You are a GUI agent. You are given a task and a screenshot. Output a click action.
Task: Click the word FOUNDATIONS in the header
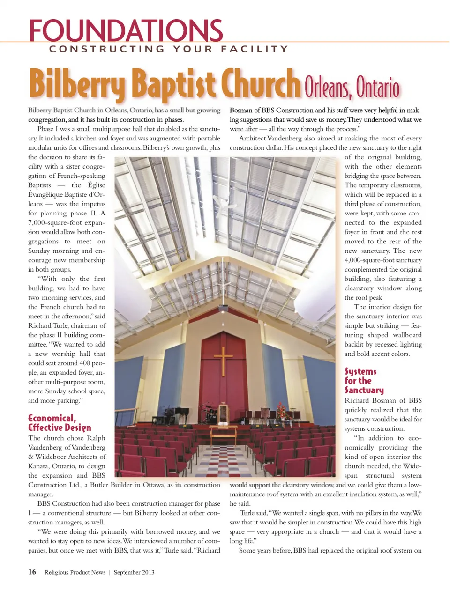coord(126,31)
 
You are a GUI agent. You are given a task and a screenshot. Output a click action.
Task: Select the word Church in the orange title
coord(261,84)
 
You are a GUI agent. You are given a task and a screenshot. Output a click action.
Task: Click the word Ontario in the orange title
coord(377,88)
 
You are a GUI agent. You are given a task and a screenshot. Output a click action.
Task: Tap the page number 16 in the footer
coord(32,572)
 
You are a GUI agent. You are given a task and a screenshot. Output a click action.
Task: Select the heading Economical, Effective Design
coord(60,422)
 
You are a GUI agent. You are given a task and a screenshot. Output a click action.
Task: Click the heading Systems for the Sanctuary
coord(364,381)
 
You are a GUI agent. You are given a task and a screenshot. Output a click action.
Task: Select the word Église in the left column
coord(96,185)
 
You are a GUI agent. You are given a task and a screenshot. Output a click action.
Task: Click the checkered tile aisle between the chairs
coord(224,457)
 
